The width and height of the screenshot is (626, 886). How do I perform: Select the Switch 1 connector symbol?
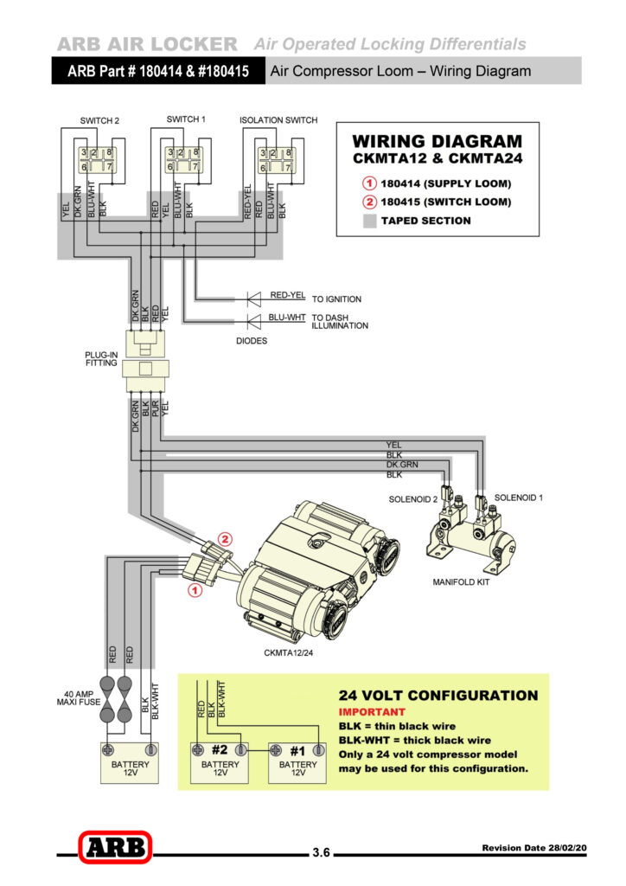coord(183,159)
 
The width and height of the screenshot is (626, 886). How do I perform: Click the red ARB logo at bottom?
coord(114,847)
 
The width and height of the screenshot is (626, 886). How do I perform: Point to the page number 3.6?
coord(321,852)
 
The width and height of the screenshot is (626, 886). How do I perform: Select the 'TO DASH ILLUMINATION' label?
coord(340,321)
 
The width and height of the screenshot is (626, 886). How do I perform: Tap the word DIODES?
coord(252,341)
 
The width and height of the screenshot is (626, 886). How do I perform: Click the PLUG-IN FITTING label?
coord(102,360)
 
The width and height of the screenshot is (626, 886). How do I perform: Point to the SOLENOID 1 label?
coord(519,498)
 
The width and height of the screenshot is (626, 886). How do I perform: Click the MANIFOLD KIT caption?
coord(461,582)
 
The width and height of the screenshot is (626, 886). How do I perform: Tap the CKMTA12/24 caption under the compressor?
coord(289,652)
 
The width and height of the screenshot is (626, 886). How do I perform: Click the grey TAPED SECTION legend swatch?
coord(369,221)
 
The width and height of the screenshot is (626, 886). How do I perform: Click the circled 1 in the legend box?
coord(368,183)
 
